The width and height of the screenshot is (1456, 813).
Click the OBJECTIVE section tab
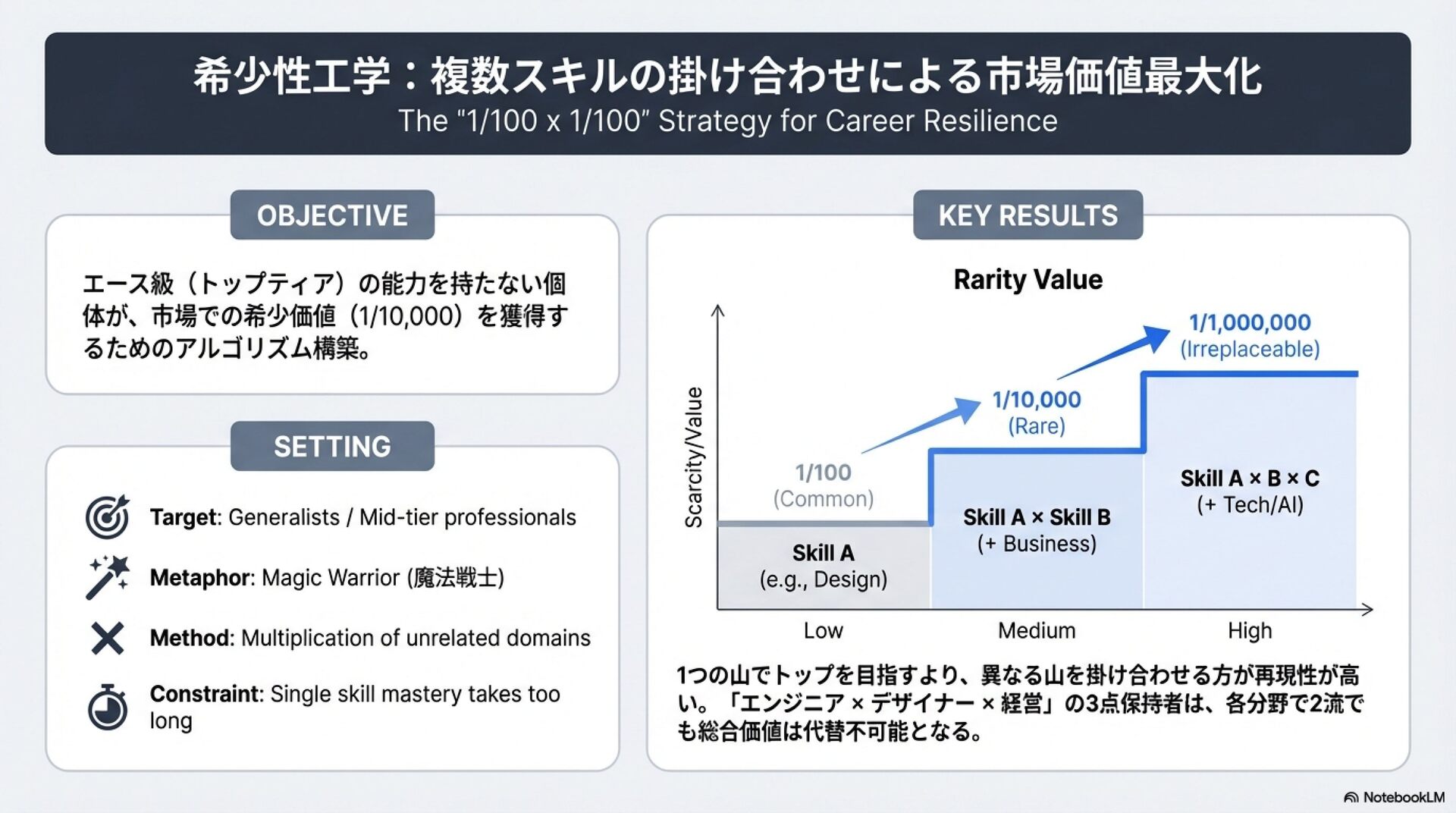pos(332,215)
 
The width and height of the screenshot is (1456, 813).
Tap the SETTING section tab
pos(332,447)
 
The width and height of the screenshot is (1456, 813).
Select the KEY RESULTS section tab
pos(1028,215)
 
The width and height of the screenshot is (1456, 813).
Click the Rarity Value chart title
pos(1028,280)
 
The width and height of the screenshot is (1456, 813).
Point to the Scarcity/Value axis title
pos(694,457)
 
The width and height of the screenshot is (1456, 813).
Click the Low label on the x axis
pos(823,631)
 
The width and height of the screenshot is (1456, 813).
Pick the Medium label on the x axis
pos(1036,631)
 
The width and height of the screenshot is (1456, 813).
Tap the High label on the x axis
pos(1250,631)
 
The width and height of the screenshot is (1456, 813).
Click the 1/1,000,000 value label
pos(1250,322)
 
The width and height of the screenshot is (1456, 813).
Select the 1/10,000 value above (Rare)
pos(1037,400)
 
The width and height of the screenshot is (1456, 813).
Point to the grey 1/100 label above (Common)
pos(823,472)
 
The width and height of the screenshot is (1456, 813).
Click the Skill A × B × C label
pos(1250,479)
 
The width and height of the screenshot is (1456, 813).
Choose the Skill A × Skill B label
pos(1037,517)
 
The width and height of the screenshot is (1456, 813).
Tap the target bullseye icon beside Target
pos(107,516)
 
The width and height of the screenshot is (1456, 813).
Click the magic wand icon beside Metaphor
pos(108,577)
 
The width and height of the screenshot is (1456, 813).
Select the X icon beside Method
pos(107,638)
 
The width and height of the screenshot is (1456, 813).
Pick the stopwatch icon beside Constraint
pos(107,708)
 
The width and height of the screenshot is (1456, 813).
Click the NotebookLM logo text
pos(1403,797)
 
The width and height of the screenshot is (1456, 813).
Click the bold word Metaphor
pos(200,578)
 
